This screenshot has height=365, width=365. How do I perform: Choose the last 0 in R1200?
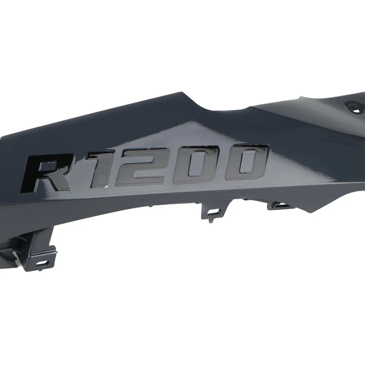pyautogui.click(x=246, y=162)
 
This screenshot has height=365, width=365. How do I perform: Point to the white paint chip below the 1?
pyautogui.click(x=106, y=187)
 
